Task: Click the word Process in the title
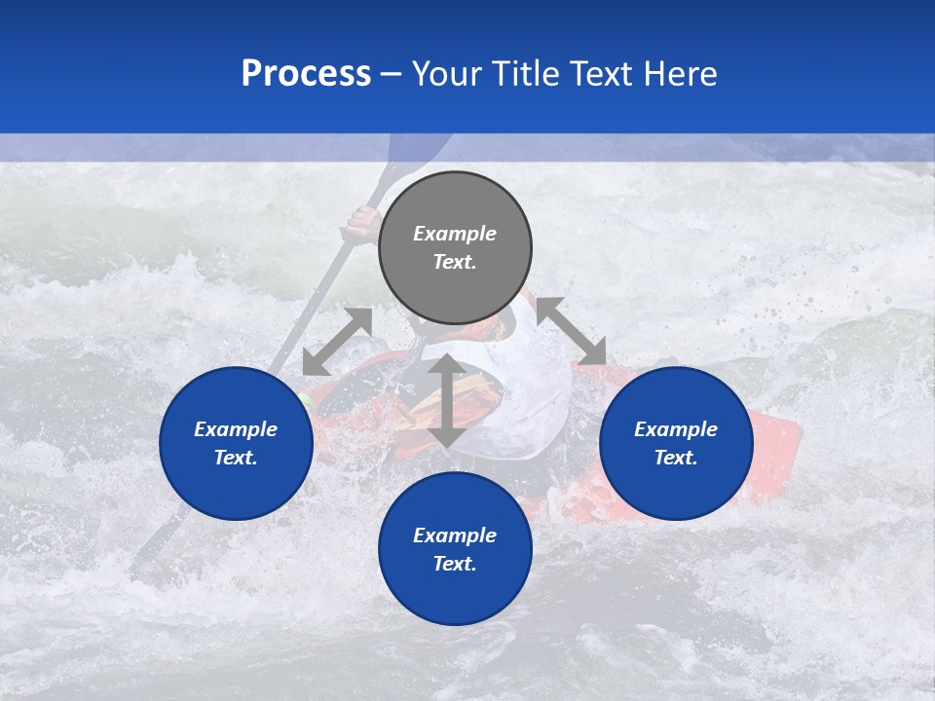[x=306, y=74]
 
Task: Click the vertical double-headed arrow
[x=447, y=401]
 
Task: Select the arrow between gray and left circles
[x=337, y=342]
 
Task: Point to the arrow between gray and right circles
[x=572, y=331]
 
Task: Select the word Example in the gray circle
[x=455, y=234]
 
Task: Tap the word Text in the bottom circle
[x=455, y=564]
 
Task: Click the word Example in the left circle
[x=236, y=429]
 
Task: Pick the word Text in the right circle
[x=676, y=458]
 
